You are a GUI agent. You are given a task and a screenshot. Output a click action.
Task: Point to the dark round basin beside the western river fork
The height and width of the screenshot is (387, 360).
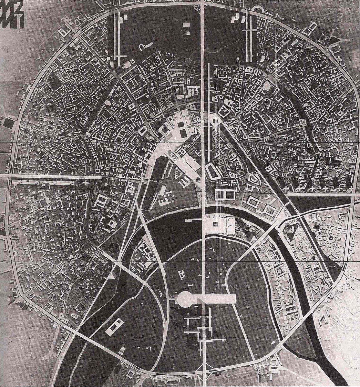point(114,247)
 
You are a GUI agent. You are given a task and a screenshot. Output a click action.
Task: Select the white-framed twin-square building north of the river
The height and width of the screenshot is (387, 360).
point(225,194)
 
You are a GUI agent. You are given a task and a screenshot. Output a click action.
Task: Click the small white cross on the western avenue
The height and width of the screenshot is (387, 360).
point(85,183)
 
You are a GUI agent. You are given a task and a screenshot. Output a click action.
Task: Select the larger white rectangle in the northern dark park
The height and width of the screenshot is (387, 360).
point(187,25)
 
